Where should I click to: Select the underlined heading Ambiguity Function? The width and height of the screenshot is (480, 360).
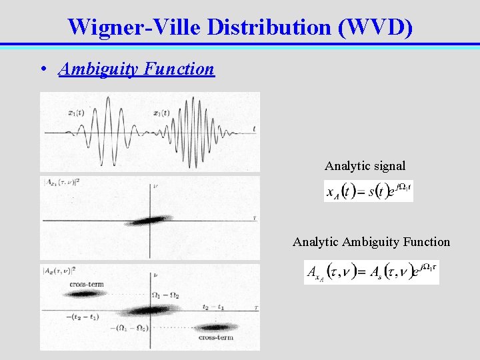(137, 69)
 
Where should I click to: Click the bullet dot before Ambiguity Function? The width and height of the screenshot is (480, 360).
(43, 69)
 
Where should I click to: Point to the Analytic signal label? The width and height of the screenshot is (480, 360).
(365, 165)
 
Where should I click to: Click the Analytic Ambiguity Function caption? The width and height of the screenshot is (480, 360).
(371, 242)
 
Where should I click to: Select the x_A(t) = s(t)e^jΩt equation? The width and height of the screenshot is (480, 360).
(368, 191)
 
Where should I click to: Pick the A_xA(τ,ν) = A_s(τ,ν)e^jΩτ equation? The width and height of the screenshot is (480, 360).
(371, 272)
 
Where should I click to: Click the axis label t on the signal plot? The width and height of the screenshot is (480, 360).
(255, 128)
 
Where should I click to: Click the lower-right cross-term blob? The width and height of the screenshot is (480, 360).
(215, 327)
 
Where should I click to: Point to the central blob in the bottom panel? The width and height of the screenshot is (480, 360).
(148, 310)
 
